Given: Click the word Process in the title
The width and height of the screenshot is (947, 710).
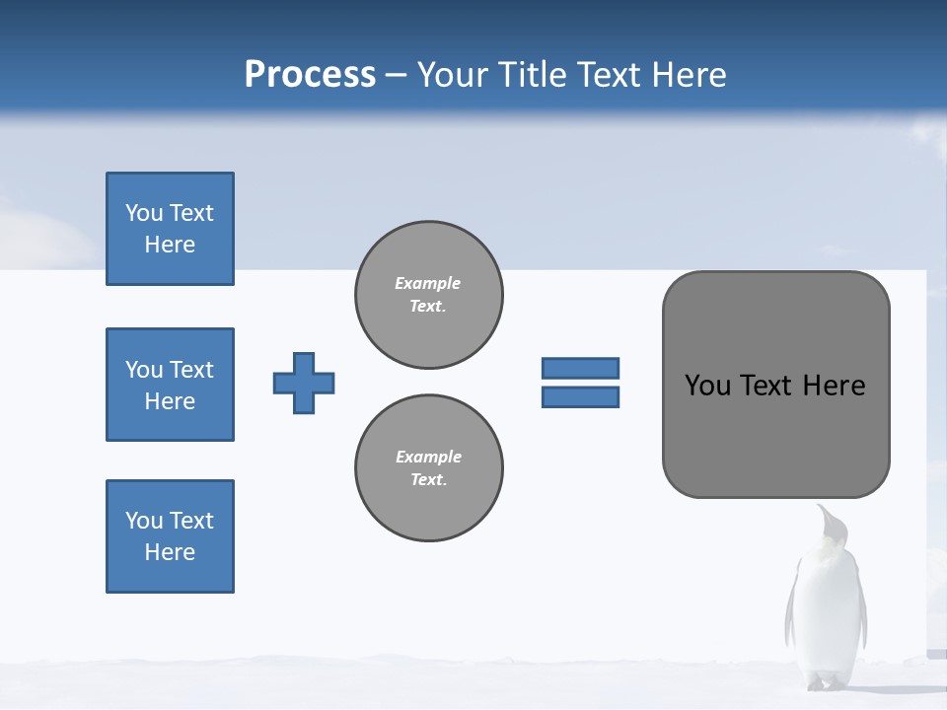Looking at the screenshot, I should [x=310, y=75].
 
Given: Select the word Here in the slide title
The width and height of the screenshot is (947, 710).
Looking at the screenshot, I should [x=687, y=75].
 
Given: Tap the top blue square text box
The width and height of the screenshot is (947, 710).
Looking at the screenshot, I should [x=170, y=229].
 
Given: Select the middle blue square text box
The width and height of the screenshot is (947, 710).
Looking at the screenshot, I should [x=170, y=385].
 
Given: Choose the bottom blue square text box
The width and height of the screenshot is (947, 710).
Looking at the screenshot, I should [x=170, y=536].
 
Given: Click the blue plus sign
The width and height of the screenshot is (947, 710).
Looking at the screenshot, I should [x=304, y=383].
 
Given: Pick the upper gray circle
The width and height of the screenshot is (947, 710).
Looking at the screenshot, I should [x=429, y=295].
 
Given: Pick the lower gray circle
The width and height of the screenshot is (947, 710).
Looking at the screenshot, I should [x=429, y=468].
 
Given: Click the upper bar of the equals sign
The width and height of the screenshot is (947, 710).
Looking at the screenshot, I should [x=581, y=368].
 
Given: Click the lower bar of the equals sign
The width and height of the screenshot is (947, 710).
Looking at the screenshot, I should [x=581, y=396].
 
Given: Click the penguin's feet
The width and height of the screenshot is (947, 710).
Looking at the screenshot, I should [x=826, y=682].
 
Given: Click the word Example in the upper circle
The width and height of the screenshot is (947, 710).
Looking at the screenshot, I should [x=427, y=283].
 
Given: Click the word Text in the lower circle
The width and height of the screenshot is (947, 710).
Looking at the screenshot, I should [x=427, y=480].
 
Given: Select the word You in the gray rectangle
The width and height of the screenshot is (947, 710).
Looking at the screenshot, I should [x=706, y=386].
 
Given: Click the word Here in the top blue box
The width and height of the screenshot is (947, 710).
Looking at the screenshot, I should [x=170, y=245].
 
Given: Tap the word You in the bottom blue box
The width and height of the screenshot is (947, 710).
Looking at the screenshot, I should [x=144, y=521].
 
